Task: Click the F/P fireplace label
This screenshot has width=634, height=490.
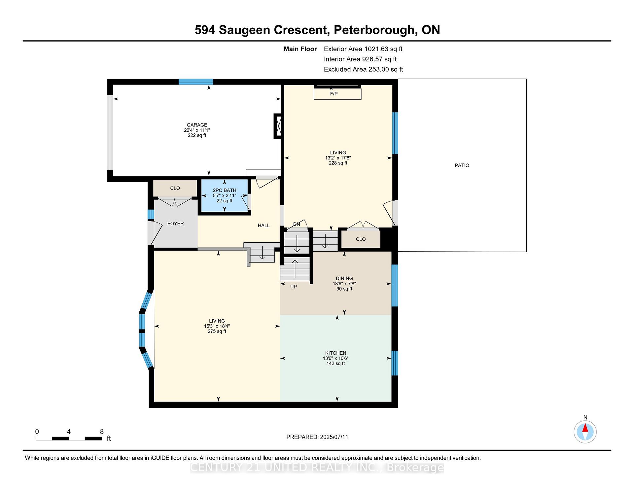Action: click(x=334, y=94)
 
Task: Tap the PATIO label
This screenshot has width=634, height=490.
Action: click(x=462, y=165)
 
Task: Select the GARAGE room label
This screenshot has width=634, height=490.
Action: click(x=197, y=125)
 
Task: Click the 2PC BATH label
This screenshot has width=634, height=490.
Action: click(x=225, y=190)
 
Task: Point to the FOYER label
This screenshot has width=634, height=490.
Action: click(x=175, y=224)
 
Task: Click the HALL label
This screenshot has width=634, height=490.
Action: click(x=264, y=226)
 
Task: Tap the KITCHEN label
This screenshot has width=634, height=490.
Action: click(x=336, y=353)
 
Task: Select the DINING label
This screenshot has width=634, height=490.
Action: click(x=344, y=278)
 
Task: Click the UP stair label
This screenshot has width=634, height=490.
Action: click(x=294, y=287)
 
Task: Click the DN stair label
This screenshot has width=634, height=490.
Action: click(x=297, y=224)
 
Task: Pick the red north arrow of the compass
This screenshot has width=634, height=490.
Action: click(x=585, y=428)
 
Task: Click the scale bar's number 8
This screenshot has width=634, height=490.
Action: click(x=102, y=432)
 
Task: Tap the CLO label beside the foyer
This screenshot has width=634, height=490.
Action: click(x=175, y=188)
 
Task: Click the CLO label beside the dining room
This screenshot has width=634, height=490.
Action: click(x=361, y=239)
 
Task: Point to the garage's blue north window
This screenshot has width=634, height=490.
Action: click(x=196, y=82)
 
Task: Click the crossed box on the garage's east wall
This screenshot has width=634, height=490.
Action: click(x=278, y=126)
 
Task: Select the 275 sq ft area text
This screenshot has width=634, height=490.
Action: click(x=217, y=331)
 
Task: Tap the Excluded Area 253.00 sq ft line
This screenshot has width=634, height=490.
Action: click(x=364, y=69)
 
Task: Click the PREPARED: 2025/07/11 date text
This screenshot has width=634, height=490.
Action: click(x=317, y=437)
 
